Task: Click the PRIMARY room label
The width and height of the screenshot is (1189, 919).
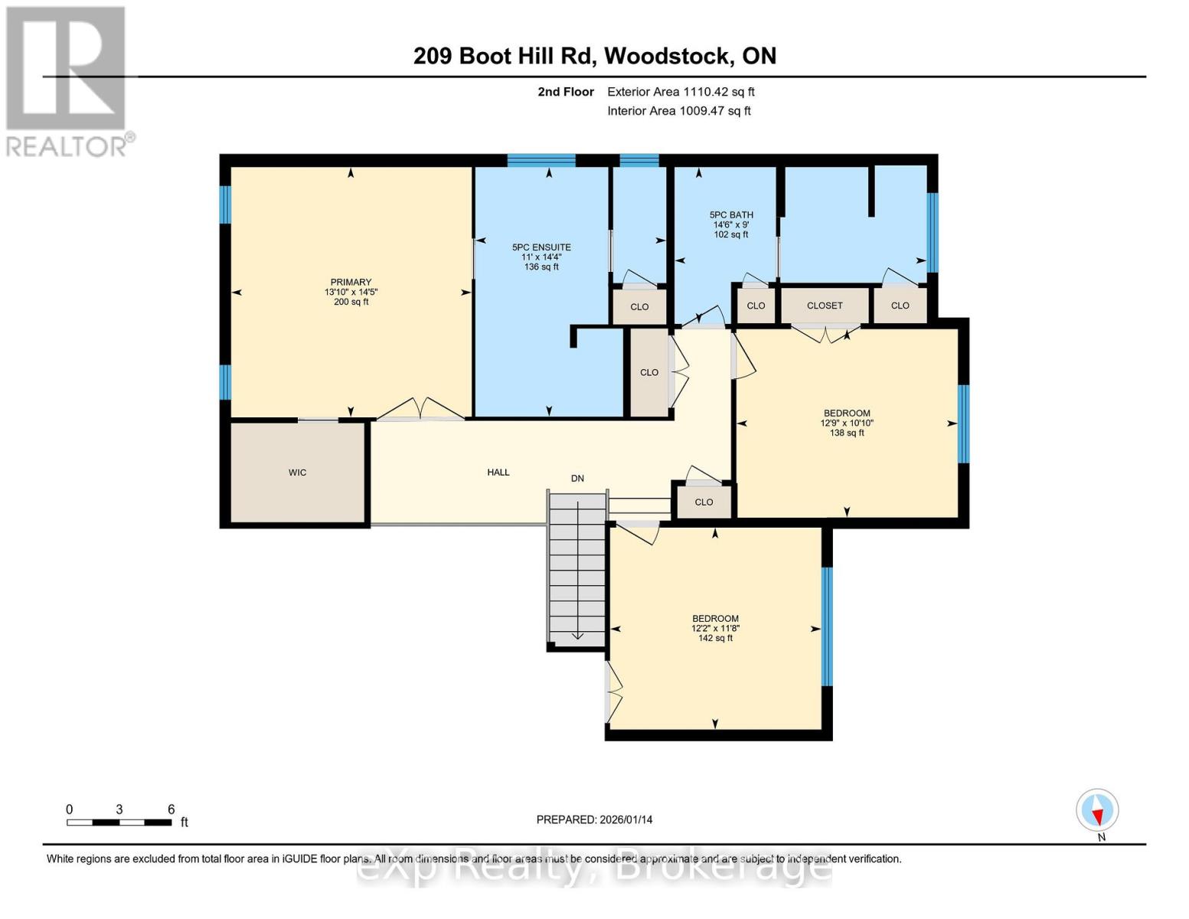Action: (x=351, y=282)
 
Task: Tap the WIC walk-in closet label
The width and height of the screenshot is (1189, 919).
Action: (x=297, y=473)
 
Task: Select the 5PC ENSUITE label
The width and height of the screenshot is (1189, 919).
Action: (x=541, y=247)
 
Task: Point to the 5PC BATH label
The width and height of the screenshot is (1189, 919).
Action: (x=731, y=215)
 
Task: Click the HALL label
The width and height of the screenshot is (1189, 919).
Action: (x=498, y=473)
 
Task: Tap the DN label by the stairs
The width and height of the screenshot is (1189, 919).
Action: (x=577, y=479)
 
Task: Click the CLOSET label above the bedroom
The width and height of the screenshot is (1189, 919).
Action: (x=825, y=306)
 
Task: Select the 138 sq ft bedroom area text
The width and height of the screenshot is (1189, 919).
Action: (x=847, y=433)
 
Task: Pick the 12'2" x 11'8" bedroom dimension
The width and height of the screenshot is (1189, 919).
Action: (x=715, y=628)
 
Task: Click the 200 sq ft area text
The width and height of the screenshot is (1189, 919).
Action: (x=351, y=302)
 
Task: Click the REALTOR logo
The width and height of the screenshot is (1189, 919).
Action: (x=67, y=80)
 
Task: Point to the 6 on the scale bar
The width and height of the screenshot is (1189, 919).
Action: (x=171, y=809)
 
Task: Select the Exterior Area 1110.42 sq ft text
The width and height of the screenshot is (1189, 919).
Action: (x=681, y=92)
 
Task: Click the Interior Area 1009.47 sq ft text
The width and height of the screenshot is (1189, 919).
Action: (x=678, y=111)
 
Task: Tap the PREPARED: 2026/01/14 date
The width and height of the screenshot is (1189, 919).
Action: (x=594, y=819)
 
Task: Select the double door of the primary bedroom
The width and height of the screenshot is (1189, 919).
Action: (x=420, y=410)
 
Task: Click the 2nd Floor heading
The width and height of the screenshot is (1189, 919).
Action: (x=566, y=92)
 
